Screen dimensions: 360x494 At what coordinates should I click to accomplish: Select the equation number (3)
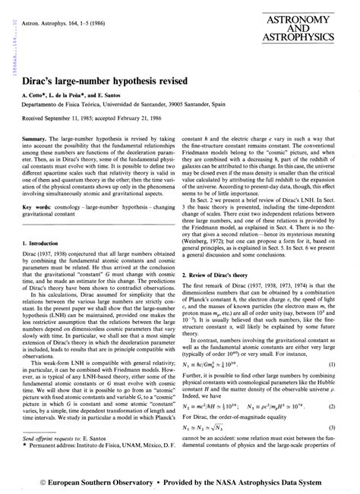point(332,426)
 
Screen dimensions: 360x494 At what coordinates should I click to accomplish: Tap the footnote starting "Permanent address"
point(99,468)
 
